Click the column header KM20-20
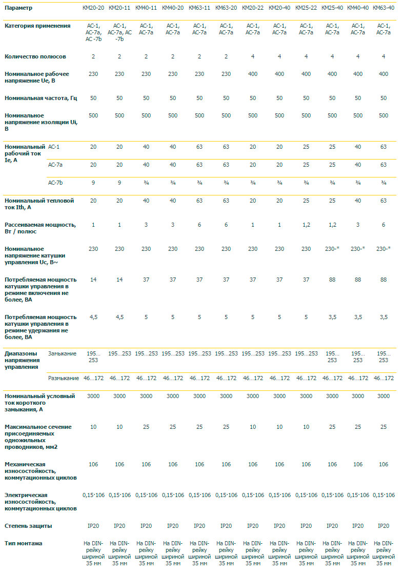click(x=93, y=8)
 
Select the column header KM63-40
click(x=384, y=8)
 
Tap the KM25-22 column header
click(x=306, y=8)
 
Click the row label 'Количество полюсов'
click(x=35, y=56)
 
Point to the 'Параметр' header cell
click(x=18, y=8)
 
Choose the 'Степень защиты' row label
click(x=28, y=526)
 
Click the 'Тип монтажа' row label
click(x=24, y=543)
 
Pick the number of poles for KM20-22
click(x=253, y=56)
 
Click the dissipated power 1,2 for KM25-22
click(x=306, y=225)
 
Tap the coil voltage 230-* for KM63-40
click(x=384, y=248)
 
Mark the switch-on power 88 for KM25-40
click(x=332, y=280)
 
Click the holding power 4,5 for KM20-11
click(x=119, y=317)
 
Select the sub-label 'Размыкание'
click(x=63, y=378)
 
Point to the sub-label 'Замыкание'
click(x=62, y=353)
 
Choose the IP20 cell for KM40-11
click(x=146, y=526)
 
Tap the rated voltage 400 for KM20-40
click(x=279, y=74)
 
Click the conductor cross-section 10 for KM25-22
click(x=306, y=427)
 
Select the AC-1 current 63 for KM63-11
click(x=199, y=147)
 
